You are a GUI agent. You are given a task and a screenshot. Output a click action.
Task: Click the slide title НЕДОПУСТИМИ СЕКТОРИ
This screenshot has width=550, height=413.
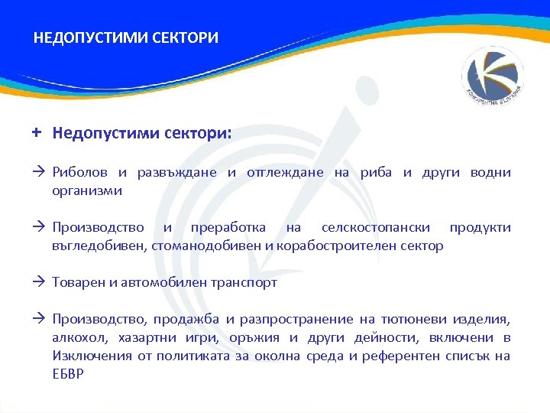tap(126, 37)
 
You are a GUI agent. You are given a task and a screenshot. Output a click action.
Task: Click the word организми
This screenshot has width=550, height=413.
tap(86, 190)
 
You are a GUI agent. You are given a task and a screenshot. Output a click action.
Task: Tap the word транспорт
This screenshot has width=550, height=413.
tap(245, 283)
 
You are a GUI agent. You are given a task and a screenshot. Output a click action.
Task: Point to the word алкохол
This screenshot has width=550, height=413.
tap(78, 338)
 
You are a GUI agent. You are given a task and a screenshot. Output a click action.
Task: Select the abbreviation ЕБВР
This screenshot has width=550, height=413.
tap(68, 374)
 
